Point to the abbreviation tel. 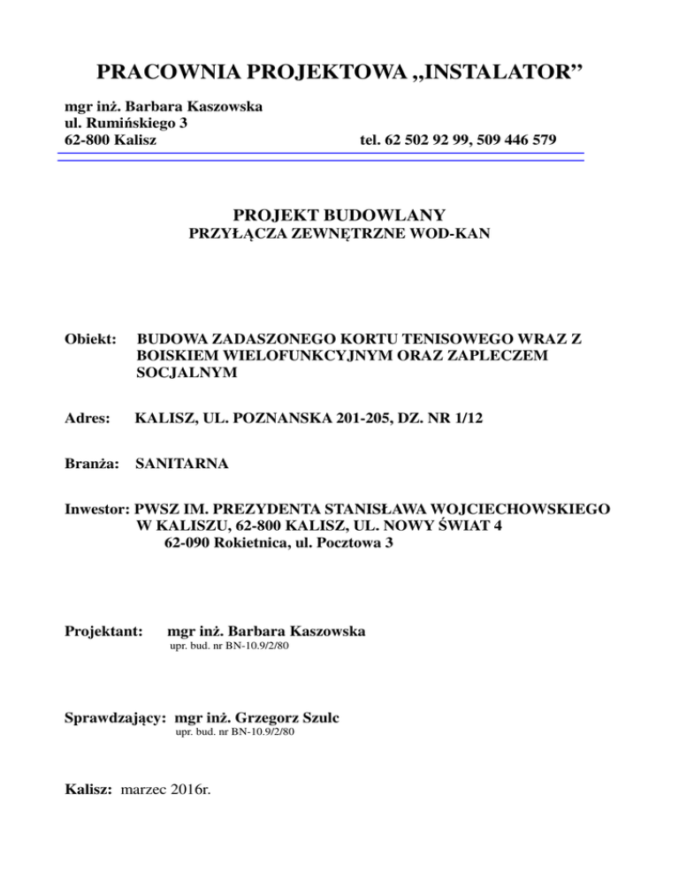(x=371, y=140)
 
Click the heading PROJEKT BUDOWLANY (x=339, y=215)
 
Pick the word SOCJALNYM (x=179, y=372)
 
